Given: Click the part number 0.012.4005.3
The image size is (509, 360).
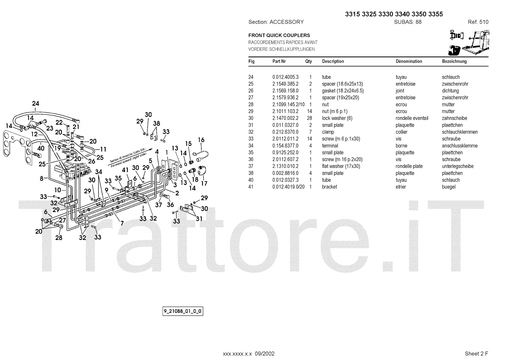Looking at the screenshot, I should pyautogui.click(x=285, y=77).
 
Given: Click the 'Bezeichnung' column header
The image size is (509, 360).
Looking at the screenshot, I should pyautogui.click(x=454, y=61).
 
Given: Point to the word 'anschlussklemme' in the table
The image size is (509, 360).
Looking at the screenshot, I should pyautogui.click(x=460, y=146).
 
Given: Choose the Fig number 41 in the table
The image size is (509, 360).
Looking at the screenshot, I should pyautogui.click(x=251, y=187).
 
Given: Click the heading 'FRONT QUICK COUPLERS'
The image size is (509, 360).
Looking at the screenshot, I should pyautogui.click(x=279, y=35).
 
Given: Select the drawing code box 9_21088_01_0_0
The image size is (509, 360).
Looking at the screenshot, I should pyautogui.click(x=183, y=311).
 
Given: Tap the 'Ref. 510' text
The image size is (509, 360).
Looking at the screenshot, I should pyautogui.click(x=478, y=22).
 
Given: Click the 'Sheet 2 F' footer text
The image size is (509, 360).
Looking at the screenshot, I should pyautogui.click(x=477, y=354).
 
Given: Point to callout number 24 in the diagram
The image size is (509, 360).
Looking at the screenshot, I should pyautogui.click(x=36, y=103).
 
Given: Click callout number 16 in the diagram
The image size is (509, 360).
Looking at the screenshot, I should pyautogui.click(x=201, y=140).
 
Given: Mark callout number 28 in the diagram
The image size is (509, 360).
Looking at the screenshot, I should pyautogui.click(x=59, y=237).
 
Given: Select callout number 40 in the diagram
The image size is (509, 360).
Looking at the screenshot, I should pyautogui.click(x=41, y=148).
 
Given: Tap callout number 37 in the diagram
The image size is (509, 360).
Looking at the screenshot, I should pyautogui.click(x=158, y=205).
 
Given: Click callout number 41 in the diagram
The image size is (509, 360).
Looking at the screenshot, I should pyautogui.click(x=125, y=170).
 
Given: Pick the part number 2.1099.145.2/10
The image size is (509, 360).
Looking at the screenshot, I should pyautogui.click(x=288, y=104).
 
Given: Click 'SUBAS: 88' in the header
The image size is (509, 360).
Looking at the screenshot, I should pyautogui.click(x=408, y=22).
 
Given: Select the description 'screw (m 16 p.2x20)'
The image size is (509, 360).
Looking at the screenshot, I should pyautogui.click(x=342, y=159).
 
